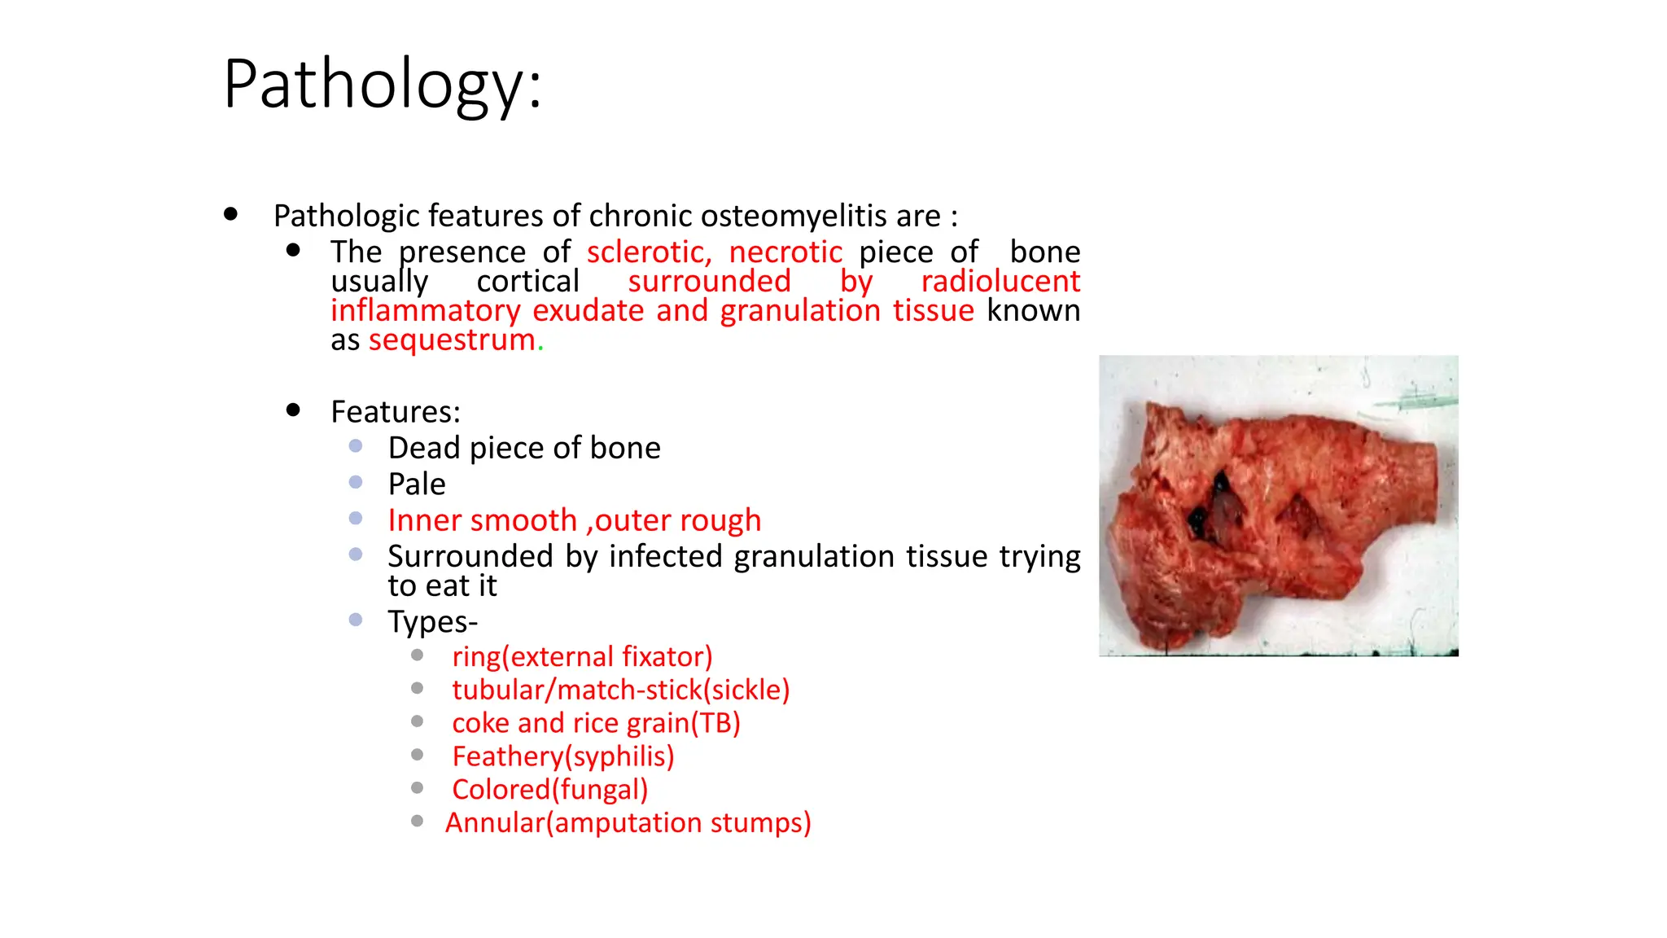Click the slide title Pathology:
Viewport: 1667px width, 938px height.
[382, 85]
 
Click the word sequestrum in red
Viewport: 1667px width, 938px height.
[452, 340]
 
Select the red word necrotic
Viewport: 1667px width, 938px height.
[785, 252]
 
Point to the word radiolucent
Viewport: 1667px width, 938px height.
[1000, 282]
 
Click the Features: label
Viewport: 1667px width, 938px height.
[396, 412]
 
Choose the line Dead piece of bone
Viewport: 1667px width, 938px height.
[524, 448]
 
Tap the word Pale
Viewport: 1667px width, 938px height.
[417, 484]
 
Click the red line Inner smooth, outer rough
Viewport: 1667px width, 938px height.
[574, 520]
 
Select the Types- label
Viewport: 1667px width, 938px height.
[432, 622]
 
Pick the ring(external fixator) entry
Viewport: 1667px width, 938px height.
[582, 656]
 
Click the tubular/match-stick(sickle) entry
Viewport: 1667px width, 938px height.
[620, 690]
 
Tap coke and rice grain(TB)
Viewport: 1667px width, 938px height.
[596, 723]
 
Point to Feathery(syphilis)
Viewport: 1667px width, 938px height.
[563, 756]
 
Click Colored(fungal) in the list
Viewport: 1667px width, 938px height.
[549, 790]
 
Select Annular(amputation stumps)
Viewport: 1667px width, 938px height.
[628, 823]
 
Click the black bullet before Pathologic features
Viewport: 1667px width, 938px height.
[231, 214]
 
